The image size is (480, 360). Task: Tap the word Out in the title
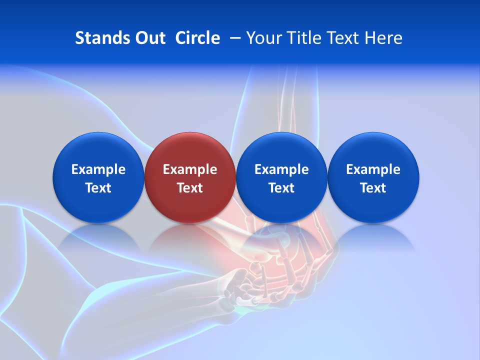click(x=149, y=38)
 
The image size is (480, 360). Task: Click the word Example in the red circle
click(x=190, y=169)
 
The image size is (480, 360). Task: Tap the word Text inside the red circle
click(x=190, y=188)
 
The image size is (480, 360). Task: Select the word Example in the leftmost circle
click(x=98, y=169)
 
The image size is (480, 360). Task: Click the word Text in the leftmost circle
click(x=98, y=188)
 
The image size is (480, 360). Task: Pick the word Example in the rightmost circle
click(x=373, y=169)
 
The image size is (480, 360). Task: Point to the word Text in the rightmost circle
click(x=373, y=188)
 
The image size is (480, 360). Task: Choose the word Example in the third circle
click(x=281, y=169)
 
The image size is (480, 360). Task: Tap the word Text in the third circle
click(x=281, y=188)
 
